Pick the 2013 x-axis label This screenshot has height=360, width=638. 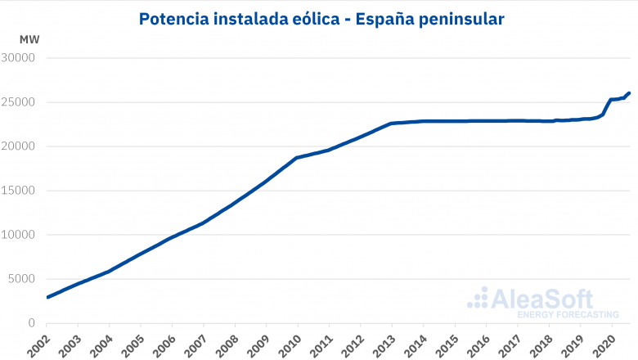[x=384, y=343]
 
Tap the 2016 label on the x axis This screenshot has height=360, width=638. [x=478, y=343]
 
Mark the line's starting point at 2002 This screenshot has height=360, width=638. [x=47, y=297]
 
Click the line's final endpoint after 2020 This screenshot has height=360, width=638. [x=628, y=93]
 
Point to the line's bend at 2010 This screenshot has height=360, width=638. [x=297, y=157]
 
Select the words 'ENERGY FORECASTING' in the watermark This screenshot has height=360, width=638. [x=563, y=313]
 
